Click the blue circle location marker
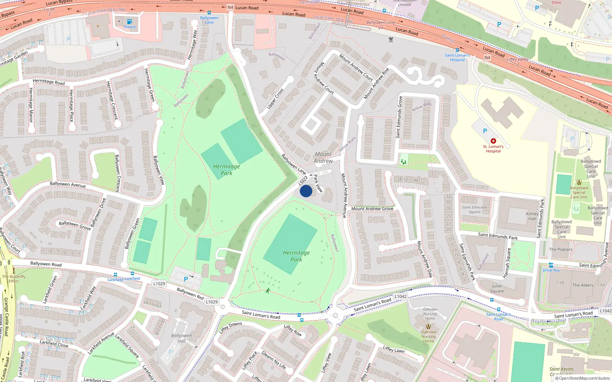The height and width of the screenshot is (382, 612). tap(306, 191)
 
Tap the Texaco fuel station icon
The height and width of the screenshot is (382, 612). tap(129, 21)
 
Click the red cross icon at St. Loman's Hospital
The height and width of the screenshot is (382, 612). tap(493, 141)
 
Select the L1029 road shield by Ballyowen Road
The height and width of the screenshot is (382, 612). tap(159, 283)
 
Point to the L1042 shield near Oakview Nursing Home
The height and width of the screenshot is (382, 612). tap(400, 296)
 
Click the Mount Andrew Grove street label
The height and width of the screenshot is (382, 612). tap(372, 209)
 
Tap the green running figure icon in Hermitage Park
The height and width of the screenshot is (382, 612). tap(267, 291)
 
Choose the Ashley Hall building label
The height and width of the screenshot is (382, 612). tap(532, 216)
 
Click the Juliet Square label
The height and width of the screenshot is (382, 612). tap(496, 288)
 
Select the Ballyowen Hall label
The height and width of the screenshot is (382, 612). tap(181, 338)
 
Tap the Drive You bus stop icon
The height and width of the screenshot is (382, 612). tap(551, 265)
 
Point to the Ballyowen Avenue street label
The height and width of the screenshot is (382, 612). tap(68, 184)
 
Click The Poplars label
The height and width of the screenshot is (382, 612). tap(561, 249)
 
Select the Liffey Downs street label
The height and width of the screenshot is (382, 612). tap(230, 327)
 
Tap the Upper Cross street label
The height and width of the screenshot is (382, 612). tap(275, 98)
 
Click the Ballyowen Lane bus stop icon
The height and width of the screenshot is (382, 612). tap(209, 13)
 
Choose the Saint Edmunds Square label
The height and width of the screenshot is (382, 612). tap(475, 209)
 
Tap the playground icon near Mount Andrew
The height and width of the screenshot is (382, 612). tap(403, 162)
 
